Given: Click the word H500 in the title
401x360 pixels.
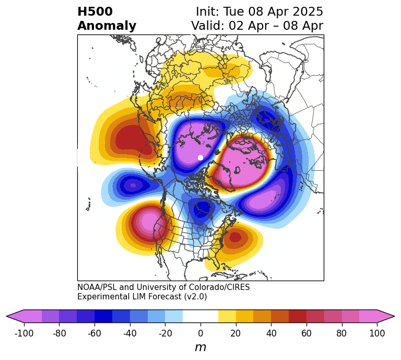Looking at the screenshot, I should click(95, 12).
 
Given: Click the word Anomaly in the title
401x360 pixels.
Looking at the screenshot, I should click(107, 26).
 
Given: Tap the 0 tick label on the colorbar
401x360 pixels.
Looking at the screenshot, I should click(200, 333).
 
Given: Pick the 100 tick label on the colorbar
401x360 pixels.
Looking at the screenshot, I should click(376, 333).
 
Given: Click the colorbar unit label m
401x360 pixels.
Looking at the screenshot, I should click(200, 347).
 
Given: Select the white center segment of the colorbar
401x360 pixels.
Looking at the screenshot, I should click(200, 316).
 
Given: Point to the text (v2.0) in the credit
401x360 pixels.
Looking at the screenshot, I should click(196, 297).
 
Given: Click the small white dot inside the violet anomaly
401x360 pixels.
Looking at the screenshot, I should click(200, 157).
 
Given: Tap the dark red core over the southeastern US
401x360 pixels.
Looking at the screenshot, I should click(235, 237).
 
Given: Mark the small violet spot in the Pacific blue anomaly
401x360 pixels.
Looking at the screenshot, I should click(133, 185).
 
